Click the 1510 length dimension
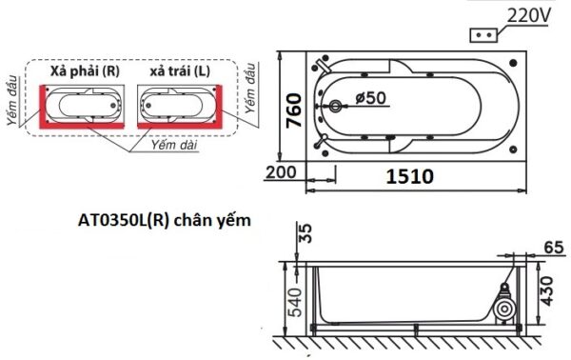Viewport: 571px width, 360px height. (x=410, y=176)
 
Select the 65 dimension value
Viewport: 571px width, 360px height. (x=555, y=246)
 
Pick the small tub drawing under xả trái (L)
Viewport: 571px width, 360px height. (x=179, y=104)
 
